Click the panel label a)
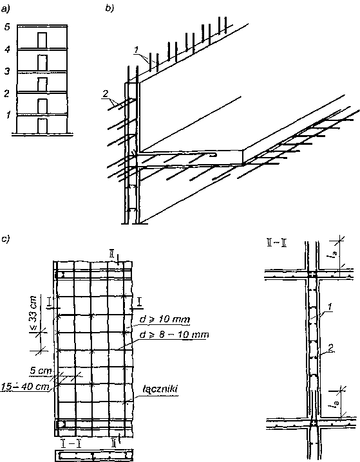pos(6,9)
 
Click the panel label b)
pos(109,9)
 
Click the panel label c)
pos(5,239)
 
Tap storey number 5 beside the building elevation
pos(7,27)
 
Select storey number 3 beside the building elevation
pos(7,71)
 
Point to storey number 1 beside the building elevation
pos(8,115)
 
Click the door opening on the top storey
pos(42,40)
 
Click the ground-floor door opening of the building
pos(42,126)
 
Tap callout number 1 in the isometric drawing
pos(136,50)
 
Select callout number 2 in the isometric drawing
pos(106,94)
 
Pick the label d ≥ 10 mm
pos(164,320)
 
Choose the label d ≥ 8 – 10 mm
pos(174,335)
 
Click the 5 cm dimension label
pos(41,371)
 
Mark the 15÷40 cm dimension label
pos(24,386)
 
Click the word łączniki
pos(159,389)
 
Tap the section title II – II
pos(276,244)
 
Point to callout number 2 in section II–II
pos(330,348)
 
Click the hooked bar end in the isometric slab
pos(213,154)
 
